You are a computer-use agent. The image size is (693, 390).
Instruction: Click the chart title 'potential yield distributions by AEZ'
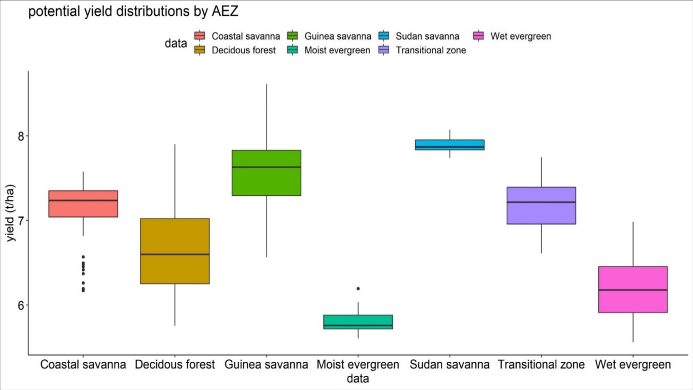133,12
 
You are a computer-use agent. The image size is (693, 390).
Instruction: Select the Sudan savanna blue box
449,144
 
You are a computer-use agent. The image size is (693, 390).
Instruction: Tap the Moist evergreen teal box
358,322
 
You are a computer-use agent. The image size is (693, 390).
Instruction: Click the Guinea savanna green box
266,173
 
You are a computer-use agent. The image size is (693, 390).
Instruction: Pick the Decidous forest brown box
175,251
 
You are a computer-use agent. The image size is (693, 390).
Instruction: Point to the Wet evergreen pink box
633,289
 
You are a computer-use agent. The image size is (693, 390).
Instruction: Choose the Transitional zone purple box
541,205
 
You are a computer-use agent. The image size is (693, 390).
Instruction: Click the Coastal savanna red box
83,204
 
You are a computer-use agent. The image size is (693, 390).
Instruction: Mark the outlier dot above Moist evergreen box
358,289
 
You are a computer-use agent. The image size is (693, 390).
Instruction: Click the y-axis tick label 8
21,136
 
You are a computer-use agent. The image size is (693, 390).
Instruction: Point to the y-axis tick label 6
21,305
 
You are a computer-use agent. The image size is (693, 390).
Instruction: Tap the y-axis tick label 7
21,221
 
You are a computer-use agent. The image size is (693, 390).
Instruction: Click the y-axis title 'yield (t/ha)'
11,213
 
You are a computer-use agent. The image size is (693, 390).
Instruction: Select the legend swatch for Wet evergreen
478,36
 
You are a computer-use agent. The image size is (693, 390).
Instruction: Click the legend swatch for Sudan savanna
384,36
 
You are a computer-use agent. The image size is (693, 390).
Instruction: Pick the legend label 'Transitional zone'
431,50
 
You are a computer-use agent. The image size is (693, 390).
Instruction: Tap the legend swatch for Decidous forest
200,50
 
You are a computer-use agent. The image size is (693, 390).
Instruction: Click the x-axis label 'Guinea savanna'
266,364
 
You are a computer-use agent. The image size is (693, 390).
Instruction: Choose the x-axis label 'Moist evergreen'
358,364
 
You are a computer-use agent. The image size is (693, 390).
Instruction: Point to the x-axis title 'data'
358,378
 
